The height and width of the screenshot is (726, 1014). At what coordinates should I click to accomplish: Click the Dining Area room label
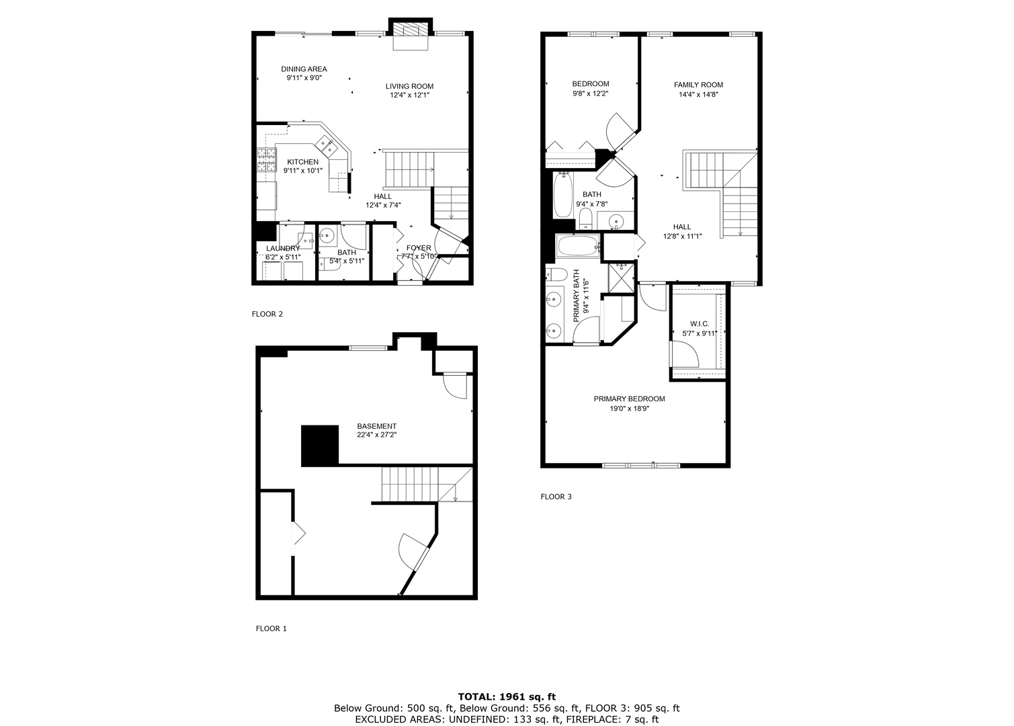coord(304,69)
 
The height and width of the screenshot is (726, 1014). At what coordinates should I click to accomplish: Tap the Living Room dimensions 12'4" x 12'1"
coord(409,95)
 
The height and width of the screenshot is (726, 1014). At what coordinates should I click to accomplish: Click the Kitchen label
coord(302,162)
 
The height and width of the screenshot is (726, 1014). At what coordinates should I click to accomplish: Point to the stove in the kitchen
coord(267,161)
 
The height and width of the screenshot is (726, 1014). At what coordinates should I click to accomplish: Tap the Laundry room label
coord(282,249)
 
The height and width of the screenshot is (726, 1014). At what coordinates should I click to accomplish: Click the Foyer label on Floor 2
coord(419,248)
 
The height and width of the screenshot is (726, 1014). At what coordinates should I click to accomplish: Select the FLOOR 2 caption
coord(267,314)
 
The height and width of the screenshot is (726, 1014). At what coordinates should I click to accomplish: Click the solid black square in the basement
coord(320,446)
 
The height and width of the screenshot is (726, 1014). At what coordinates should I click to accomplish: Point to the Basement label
coord(376,426)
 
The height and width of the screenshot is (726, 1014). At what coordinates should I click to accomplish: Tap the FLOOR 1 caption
coord(271,629)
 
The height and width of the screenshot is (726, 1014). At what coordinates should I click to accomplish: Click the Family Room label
coord(698,85)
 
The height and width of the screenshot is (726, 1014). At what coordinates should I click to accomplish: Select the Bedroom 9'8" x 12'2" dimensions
coord(590,93)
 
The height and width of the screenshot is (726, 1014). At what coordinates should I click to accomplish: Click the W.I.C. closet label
coord(700,324)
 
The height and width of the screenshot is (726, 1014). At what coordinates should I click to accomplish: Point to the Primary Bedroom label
coord(629,399)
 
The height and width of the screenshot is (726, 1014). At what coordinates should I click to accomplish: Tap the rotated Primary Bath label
coord(577,296)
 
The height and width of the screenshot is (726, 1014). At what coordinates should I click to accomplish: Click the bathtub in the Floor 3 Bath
coord(562,195)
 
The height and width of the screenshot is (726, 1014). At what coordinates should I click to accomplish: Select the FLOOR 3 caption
coord(556,497)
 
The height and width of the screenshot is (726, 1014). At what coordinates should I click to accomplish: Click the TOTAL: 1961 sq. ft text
coord(507,697)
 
